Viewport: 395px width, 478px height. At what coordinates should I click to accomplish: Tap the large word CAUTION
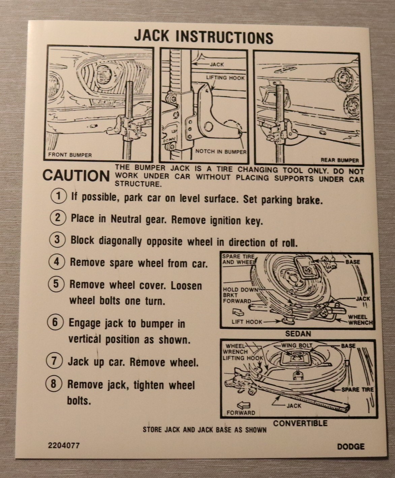[x=76, y=176]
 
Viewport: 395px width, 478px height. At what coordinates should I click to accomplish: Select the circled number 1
[x=58, y=196]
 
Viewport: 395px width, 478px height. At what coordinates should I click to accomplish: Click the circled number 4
[x=57, y=261]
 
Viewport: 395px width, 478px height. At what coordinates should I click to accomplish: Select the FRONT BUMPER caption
[x=70, y=155]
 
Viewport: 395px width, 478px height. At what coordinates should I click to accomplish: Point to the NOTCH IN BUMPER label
[x=221, y=151]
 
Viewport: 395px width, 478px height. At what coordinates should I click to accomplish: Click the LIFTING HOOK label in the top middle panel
[x=225, y=78]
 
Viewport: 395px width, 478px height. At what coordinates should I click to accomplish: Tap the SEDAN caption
[x=298, y=334]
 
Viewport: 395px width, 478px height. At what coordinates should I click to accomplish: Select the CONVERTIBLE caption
[x=300, y=423]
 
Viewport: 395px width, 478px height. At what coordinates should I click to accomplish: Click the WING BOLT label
[x=297, y=345]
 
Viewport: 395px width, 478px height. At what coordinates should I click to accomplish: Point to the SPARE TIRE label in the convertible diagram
[x=357, y=390]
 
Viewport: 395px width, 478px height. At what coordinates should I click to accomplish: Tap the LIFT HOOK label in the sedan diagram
[x=247, y=322]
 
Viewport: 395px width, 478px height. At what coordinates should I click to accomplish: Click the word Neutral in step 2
[x=126, y=219]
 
